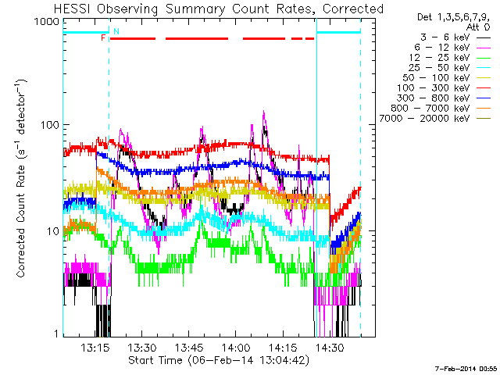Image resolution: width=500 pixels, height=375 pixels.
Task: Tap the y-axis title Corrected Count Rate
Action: [22, 178]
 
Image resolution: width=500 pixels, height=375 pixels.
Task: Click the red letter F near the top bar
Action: [103, 37]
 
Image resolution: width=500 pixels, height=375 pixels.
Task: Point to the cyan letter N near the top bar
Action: [116, 31]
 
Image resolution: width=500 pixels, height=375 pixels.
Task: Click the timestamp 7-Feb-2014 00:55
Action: [465, 367]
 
